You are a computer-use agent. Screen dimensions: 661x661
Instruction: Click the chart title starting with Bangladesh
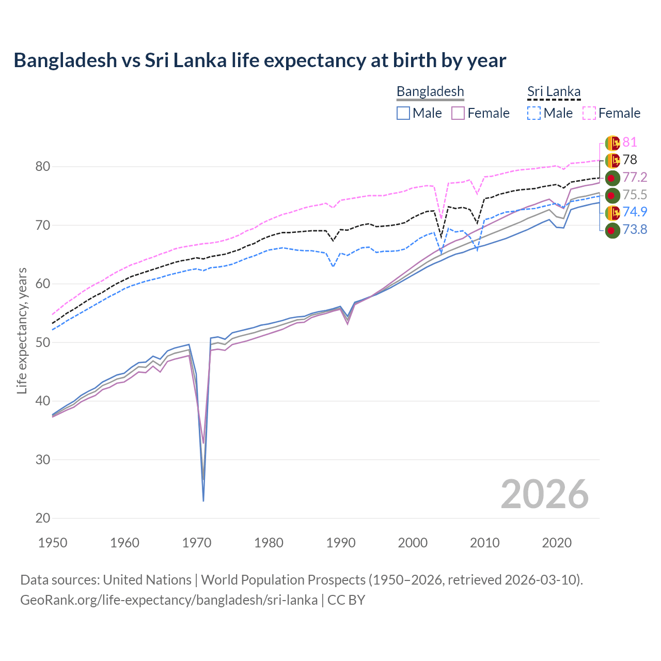(x=260, y=60)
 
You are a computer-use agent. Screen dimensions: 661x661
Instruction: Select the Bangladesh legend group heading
(x=430, y=91)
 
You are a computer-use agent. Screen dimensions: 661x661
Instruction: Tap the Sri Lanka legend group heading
(x=554, y=91)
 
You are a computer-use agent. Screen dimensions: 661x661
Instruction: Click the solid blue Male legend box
(x=403, y=113)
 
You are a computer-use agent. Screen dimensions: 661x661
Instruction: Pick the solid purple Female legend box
(x=459, y=113)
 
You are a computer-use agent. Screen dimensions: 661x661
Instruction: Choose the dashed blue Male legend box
(x=534, y=113)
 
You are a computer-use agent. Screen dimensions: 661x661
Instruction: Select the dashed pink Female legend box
(x=589, y=113)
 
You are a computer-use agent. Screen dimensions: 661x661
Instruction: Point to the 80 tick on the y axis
(x=43, y=166)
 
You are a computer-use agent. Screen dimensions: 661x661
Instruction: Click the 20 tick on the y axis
(x=43, y=518)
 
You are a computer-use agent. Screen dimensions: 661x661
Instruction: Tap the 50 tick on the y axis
(x=43, y=342)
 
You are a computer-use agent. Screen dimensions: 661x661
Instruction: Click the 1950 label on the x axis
(x=53, y=543)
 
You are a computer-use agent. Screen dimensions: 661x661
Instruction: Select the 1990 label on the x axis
(x=341, y=543)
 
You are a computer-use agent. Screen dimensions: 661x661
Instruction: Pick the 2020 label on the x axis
(x=557, y=543)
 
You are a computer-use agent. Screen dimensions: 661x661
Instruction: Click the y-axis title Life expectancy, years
(x=22, y=330)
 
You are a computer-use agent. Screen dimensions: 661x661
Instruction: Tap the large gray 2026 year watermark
(x=544, y=494)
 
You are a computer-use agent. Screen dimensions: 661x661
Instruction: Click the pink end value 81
(x=629, y=143)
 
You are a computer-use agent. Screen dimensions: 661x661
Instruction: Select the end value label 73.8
(x=635, y=230)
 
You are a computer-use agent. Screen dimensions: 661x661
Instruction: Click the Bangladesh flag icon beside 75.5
(x=612, y=195)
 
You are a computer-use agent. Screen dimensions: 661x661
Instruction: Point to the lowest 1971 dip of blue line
(x=203, y=500)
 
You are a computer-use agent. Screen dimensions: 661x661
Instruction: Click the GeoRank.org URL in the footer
(x=169, y=600)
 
